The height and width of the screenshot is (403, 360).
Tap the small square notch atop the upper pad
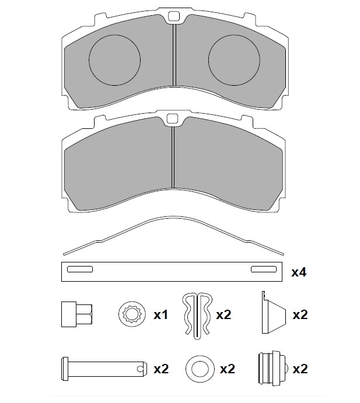pyautogui.click(x=173, y=17)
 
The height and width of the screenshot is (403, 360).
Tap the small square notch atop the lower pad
pyautogui.click(x=172, y=119)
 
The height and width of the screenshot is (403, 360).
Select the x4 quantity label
pyautogui.click(x=299, y=272)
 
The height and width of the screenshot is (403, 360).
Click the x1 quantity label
pyautogui.click(x=161, y=315)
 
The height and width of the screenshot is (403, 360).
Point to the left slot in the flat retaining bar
pyautogui.click(x=80, y=269)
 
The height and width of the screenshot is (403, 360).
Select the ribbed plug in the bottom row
pyautogui.click(x=269, y=368)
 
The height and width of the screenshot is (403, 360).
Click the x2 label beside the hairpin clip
pyautogui.click(x=223, y=315)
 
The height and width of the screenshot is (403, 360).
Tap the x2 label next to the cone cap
pyautogui.click(x=300, y=315)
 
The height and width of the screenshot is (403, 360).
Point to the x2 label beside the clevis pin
pyautogui.click(x=161, y=369)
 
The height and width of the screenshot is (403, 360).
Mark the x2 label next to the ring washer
pyautogui.click(x=228, y=369)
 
